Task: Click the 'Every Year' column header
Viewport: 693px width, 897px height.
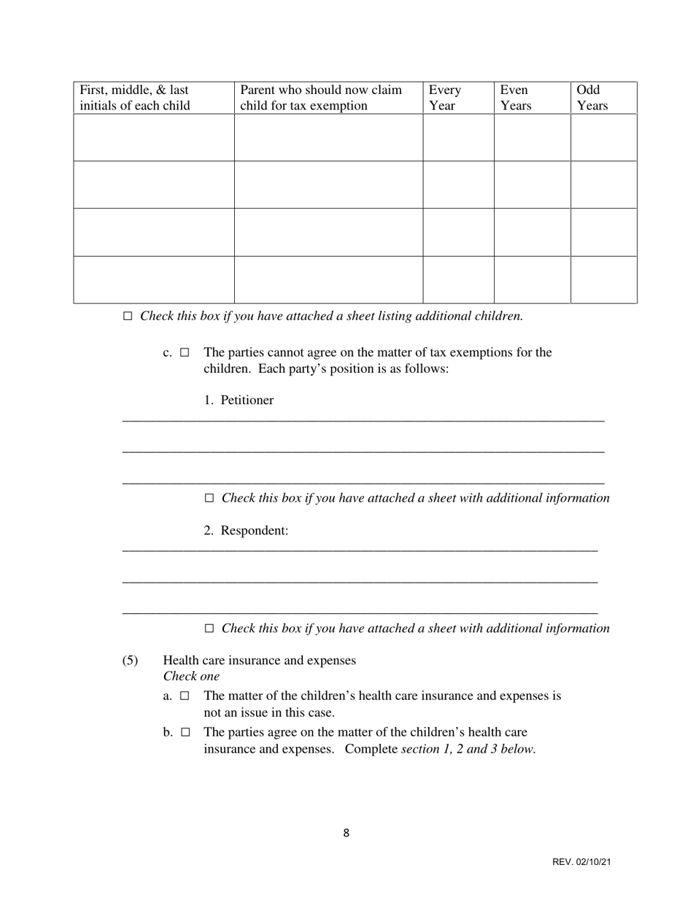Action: pos(444,98)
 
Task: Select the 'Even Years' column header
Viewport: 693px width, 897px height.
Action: pos(516,98)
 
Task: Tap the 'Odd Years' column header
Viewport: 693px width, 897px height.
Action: pos(592,98)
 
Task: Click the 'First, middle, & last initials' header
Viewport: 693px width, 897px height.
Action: pos(134,98)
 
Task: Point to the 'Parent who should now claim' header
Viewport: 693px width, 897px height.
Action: pos(321,98)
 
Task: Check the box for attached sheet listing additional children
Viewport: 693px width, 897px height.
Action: pos(128,317)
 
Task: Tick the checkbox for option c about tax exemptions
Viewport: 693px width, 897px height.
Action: pos(185,353)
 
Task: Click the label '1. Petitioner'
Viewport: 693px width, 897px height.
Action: pos(239,400)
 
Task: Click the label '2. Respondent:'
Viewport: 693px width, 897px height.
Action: pos(246,530)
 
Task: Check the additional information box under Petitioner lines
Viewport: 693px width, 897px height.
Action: pos(209,498)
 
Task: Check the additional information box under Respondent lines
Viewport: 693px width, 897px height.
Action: pos(209,629)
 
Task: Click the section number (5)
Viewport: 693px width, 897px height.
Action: pos(130,660)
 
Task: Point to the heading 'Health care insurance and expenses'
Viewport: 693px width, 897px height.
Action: pos(260,660)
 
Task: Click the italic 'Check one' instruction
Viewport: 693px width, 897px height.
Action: pos(191,676)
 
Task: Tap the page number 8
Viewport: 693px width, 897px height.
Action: pos(346,834)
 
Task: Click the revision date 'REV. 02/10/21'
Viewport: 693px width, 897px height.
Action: pos(581,862)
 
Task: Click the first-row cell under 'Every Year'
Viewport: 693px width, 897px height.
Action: pos(458,137)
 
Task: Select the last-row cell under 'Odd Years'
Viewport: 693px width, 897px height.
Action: pos(603,279)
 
